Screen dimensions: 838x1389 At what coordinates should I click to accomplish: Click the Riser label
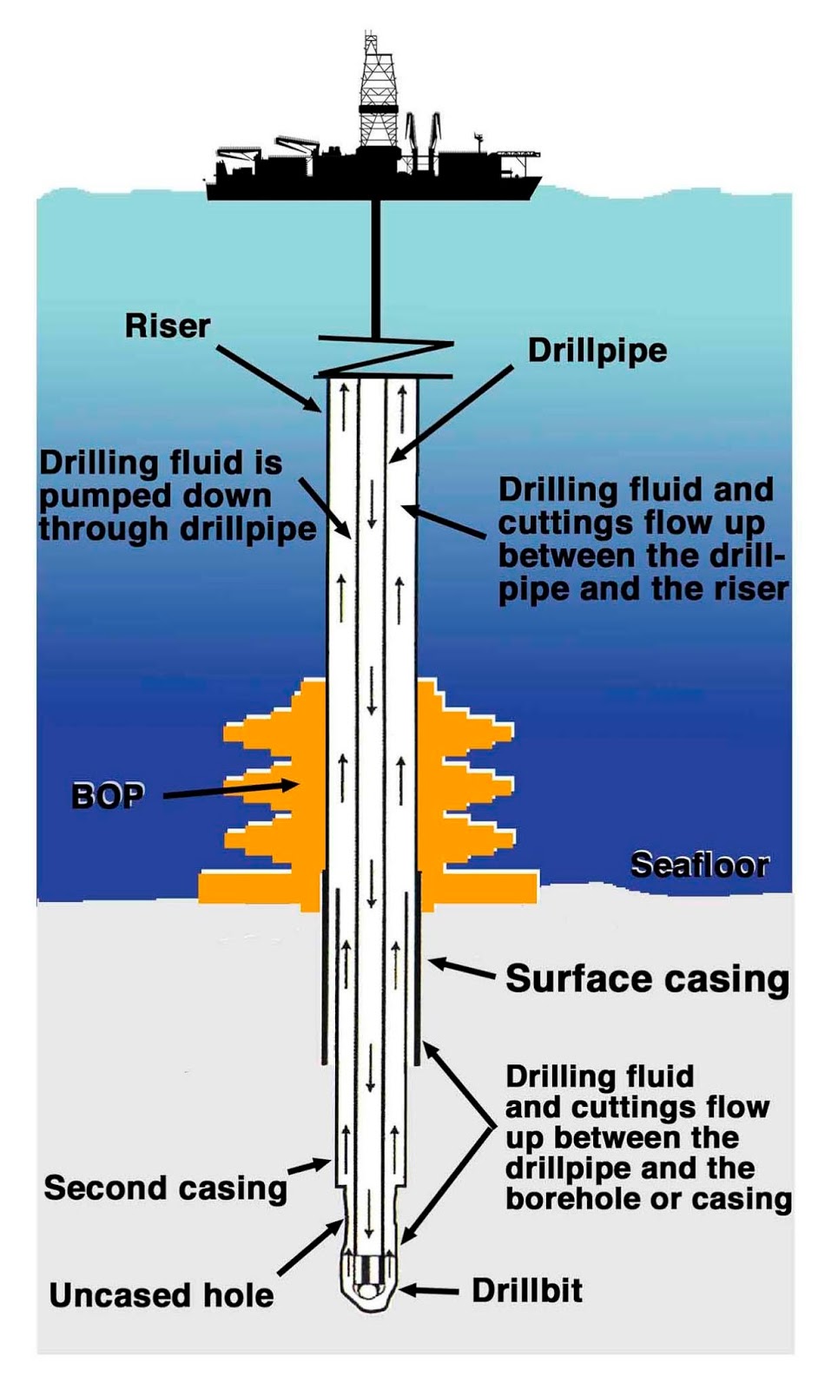tap(168, 326)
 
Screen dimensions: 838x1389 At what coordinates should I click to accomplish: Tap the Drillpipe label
tap(597, 352)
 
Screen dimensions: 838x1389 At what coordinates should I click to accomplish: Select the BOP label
tap(108, 796)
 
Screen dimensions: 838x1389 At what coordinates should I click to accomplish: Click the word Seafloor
tap(700, 865)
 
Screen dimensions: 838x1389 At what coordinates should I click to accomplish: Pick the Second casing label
tap(166, 1188)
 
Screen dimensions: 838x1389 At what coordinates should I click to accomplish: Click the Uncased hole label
tap(162, 1296)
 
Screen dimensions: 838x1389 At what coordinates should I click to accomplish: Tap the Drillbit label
tap(527, 1291)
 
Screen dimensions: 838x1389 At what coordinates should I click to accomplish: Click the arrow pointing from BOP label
tap(232, 790)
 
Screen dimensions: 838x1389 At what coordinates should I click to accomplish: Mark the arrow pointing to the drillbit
tap(429, 1290)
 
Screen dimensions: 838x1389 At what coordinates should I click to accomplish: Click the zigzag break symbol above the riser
tap(386, 357)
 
